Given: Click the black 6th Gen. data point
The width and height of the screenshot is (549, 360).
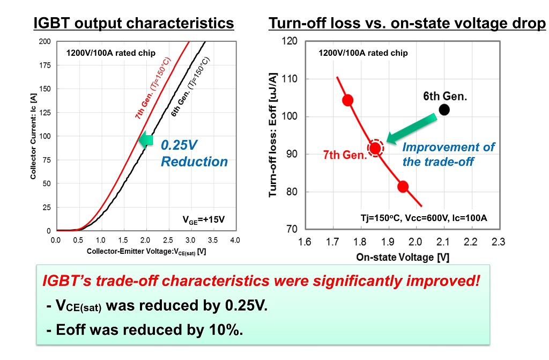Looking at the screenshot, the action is point(444,110).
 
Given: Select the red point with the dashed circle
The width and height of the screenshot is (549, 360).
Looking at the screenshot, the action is point(375,148).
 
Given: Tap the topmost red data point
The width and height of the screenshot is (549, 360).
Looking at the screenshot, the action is point(347,100).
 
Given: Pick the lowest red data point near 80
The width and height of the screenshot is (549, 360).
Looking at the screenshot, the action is point(403,187).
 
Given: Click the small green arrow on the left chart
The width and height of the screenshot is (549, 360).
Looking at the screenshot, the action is point(146,140).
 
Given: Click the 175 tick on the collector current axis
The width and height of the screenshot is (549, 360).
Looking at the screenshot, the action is point(45,65).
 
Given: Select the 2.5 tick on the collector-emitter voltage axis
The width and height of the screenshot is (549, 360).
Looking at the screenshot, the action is point(168,240).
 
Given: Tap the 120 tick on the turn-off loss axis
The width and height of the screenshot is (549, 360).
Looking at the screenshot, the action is point(289,41).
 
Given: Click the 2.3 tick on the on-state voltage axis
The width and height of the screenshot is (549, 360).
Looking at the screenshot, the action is point(498,242).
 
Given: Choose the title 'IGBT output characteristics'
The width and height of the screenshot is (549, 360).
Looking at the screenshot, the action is point(133,23).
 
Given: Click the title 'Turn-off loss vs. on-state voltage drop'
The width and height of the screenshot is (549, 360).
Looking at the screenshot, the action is point(407,23).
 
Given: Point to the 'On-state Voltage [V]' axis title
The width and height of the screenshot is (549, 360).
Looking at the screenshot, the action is point(403,258).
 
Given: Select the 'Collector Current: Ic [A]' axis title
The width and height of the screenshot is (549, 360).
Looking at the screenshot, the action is point(33,136).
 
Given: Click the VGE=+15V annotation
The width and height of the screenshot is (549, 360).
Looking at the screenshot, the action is point(203,220).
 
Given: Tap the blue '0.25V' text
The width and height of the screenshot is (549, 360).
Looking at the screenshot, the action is point(179,145).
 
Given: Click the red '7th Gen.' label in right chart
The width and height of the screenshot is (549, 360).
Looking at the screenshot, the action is point(345,155).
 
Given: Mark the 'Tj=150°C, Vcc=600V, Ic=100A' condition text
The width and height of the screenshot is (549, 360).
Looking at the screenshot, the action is point(424,218).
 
